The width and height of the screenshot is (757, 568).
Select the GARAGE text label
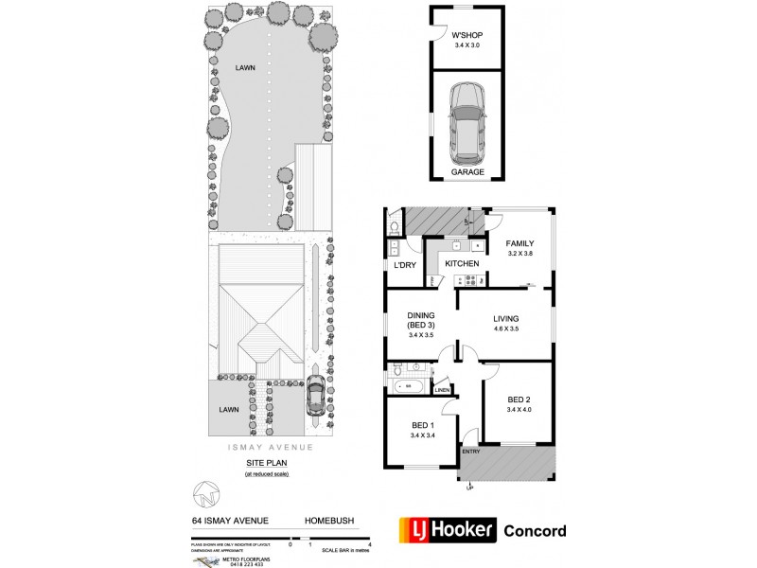pos(467,173)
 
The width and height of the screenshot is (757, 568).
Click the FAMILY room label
pos(519,243)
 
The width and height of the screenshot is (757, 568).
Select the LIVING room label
pos(507,319)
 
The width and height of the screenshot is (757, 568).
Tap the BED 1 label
pos(421,425)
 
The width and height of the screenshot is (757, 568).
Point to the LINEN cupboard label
pos(442,390)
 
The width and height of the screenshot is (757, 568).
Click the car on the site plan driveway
pos(318,397)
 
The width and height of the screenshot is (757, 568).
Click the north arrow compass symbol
pos(208,494)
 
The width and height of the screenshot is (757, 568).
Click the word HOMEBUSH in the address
pos(328,519)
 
